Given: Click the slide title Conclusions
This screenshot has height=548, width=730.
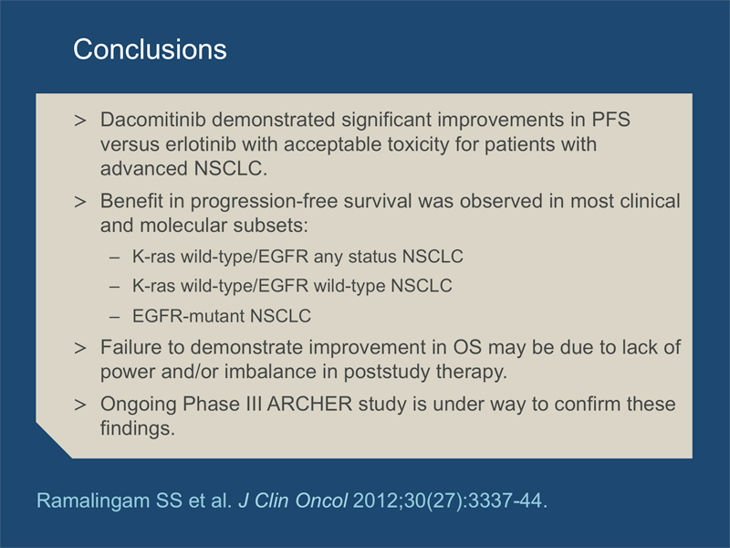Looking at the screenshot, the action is [150, 49].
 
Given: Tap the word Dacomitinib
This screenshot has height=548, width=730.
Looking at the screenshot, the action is [152, 120].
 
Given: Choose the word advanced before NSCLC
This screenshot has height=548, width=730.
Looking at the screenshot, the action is [144, 168].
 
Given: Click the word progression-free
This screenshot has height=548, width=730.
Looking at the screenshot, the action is [264, 202].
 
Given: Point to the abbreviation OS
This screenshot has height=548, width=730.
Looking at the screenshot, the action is [467, 348].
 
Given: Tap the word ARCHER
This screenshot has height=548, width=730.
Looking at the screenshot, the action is [309, 404].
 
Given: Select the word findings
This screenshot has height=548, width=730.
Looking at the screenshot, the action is [138, 428].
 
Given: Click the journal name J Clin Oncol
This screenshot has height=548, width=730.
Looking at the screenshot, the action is [293, 501].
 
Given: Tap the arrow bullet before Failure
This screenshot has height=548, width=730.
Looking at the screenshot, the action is [80, 348].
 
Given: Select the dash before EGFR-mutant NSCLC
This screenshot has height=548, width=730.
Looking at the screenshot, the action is [115, 317].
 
